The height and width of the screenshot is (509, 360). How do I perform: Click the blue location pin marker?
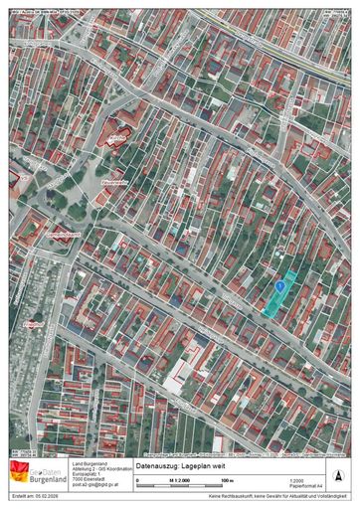[281, 285]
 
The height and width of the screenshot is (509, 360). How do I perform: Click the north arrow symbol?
[344, 475]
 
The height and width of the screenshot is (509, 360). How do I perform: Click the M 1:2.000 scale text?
[180, 480]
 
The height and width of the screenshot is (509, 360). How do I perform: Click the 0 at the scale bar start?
[137, 480]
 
